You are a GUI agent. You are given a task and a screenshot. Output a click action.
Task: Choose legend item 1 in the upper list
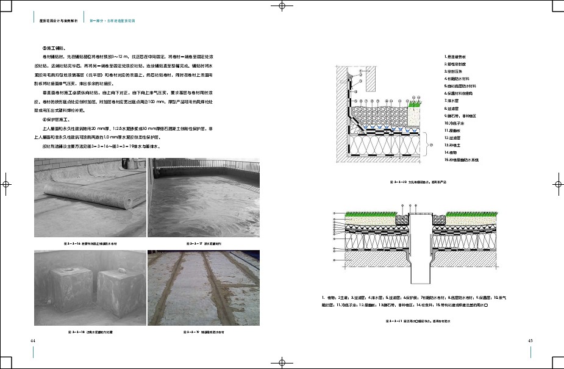(457, 56)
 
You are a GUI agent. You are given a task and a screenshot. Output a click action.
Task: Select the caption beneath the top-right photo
(204, 243)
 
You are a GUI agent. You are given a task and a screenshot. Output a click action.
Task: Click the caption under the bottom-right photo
(204, 332)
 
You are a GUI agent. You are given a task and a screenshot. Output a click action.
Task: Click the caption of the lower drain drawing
(419, 319)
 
